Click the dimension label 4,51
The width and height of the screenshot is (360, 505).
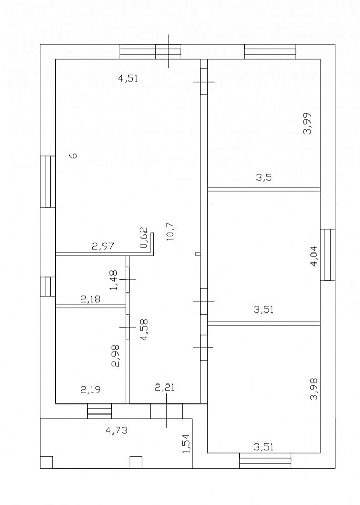tap(128, 78)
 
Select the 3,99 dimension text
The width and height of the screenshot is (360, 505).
tap(307, 123)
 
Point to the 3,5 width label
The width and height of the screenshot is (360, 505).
tap(264, 177)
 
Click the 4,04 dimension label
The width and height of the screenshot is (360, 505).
tap(314, 256)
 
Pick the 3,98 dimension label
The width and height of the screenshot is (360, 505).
tap(314, 389)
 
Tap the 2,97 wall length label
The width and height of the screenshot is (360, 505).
tap(103, 246)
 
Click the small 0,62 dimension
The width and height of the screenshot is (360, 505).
tap(144, 238)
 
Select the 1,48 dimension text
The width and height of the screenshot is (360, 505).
tap(114, 280)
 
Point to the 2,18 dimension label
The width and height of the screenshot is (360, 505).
tap(90, 299)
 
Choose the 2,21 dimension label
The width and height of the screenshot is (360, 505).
tap(165, 388)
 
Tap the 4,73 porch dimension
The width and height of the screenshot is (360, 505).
tap(117, 430)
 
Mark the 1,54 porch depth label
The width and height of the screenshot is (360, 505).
tap(186, 444)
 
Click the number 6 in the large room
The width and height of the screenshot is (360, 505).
tap(74, 155)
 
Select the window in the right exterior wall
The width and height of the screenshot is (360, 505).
tap(327, 255)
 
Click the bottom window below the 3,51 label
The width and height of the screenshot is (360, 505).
tap(265, 461)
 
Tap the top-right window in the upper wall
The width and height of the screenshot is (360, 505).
tap(270, 52)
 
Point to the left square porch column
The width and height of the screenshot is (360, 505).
tap(46, 462)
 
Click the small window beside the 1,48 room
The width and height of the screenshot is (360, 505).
tap(48, 286)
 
